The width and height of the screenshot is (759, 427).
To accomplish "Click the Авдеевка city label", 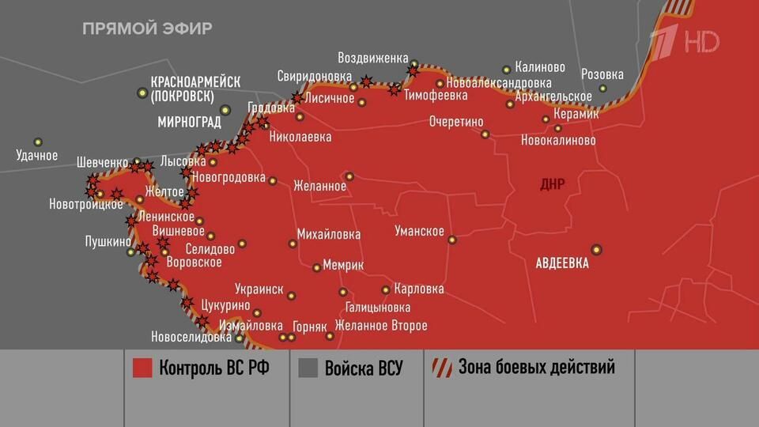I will [562, 263].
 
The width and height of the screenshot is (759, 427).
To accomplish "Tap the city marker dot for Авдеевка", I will [596, 250].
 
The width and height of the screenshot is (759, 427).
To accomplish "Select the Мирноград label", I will [190, 123].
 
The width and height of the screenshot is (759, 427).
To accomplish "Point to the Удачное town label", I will [37, 156].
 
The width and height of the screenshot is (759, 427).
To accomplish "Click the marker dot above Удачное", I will [37, 142].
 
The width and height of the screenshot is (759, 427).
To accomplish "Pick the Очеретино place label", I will [456, 123].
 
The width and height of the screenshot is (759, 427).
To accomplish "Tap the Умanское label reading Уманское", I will [419, 232].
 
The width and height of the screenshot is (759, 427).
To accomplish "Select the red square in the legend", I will [142, 368].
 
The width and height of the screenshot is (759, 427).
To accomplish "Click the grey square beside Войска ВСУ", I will [308, 368].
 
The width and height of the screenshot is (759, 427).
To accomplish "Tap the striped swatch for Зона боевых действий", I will [441, 368].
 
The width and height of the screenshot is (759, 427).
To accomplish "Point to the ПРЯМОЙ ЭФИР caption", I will [147, 28].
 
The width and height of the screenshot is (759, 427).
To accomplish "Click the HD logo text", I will [702, 41].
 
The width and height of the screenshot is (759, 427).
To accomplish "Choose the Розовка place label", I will [602, 75].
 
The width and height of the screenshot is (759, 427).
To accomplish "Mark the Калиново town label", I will [540, 68].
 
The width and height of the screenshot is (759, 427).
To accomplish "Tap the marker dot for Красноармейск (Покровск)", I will [142, 93].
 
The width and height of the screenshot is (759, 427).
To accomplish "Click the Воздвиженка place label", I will [373, 59].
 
